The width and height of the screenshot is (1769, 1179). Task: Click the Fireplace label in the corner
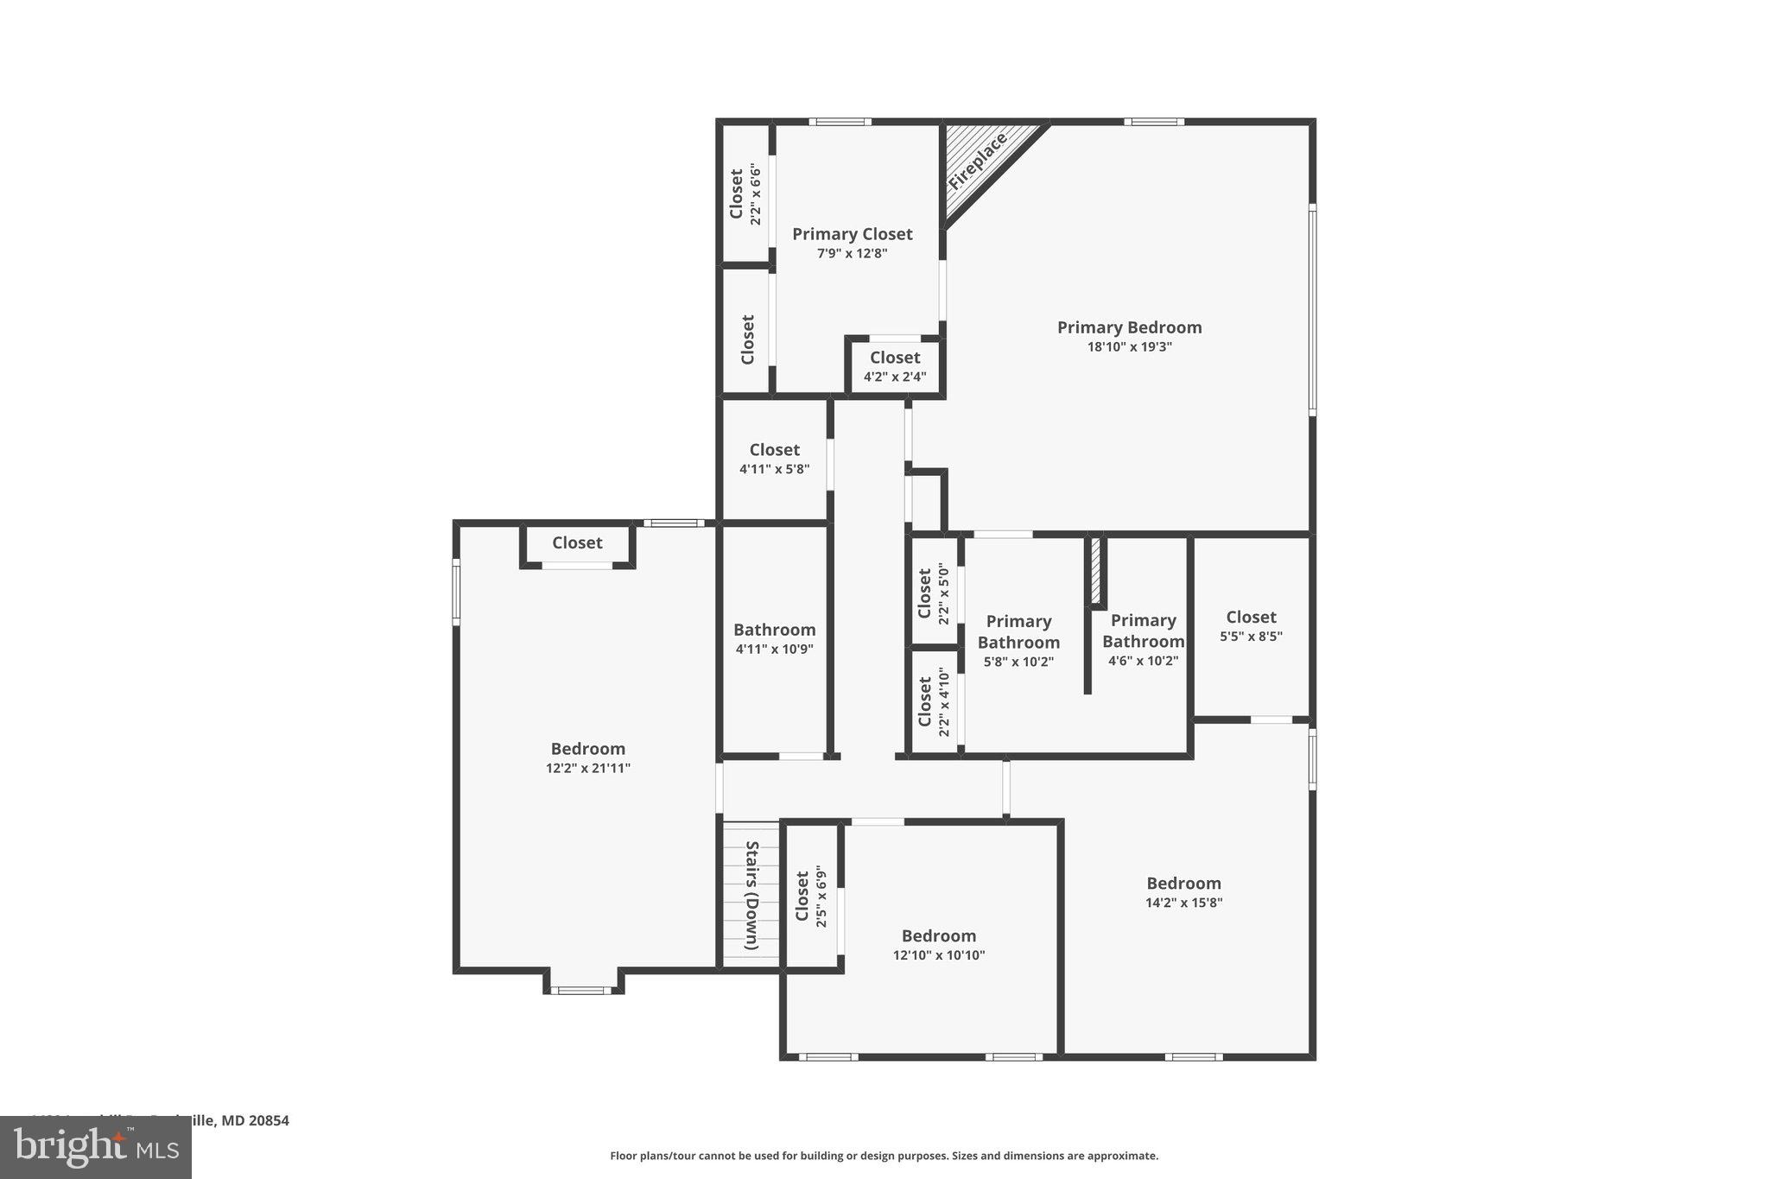(978, 162)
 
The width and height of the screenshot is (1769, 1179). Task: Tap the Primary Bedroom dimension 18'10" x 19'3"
(1129, 347)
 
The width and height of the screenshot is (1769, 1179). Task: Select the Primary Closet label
(852, 234)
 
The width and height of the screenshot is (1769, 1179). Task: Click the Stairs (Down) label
(751, 896)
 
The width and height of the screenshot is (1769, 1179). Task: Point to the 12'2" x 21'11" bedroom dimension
(587, 769)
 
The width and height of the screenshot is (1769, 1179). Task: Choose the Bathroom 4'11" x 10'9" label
(774, 631)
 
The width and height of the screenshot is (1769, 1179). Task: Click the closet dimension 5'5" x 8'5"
(1251, 637)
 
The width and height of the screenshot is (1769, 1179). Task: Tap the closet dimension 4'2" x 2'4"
(895, 377)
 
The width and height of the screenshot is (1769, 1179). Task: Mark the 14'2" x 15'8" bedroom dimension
(1183, 903)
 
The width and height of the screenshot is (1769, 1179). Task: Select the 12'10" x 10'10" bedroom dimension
(939, 955)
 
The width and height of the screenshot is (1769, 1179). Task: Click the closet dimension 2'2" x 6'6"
(756, 194)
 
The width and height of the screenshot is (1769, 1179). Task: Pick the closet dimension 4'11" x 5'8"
(774, 469)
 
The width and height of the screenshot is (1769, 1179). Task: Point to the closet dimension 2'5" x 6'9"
(821, 898)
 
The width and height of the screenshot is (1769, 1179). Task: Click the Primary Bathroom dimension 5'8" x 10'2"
(1018, 662)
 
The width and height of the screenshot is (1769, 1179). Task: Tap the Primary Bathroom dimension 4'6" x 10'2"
(1143, 662)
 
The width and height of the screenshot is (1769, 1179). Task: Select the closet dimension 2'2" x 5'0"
(943, 593)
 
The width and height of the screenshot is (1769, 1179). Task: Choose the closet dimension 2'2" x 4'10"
(943, 703)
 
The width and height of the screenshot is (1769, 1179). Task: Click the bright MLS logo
(96, 1147)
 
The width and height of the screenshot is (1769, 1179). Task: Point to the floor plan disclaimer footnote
(884, 1156)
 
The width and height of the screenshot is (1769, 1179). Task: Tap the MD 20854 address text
(255, 1120)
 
